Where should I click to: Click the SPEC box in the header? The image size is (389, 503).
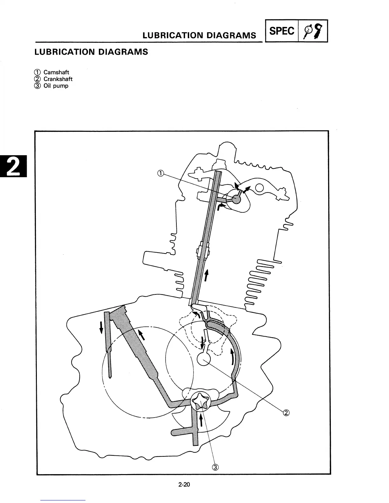(x=282, y=31)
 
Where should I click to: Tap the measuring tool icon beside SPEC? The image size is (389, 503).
(x=312, y=31)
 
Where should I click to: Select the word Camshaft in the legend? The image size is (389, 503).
(x=56, y=72)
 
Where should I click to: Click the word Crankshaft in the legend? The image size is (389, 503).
(x=58, y=79)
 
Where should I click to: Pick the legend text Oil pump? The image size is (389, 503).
(x=56, y=86)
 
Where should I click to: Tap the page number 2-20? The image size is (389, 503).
(x=184, y=485)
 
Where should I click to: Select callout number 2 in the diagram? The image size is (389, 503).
(x=286, y=412)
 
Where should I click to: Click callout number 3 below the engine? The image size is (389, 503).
(x=215, y=467)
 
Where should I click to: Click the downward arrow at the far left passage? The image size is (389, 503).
(x=101, y=327)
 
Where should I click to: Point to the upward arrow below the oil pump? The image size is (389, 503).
(x=201, y=421)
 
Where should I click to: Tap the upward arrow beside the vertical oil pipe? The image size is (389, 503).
(x=207, y=275)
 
